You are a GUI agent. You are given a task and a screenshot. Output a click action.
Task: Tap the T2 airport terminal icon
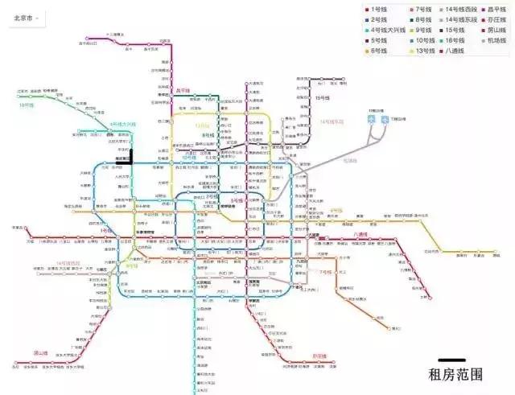tap(371, 119)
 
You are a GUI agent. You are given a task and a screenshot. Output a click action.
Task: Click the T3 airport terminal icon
tap(385, 119)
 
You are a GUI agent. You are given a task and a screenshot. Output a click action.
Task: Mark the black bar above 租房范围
tap(456, 360)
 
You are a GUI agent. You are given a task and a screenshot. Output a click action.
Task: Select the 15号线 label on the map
tap(323, 97)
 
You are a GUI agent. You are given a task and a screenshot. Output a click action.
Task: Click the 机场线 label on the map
tap(349, 160)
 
